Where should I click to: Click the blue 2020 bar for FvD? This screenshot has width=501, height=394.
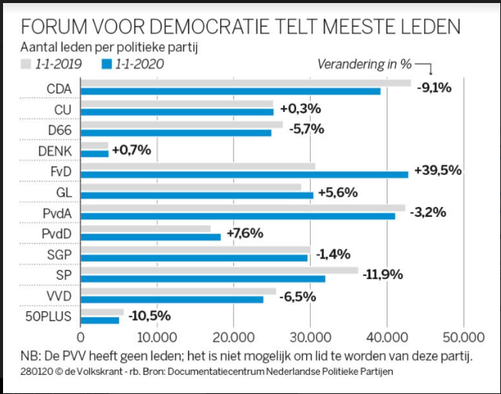[244, 174]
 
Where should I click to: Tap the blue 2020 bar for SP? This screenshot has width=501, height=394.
[203, 278]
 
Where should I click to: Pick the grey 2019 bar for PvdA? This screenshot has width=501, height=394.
[242, 207]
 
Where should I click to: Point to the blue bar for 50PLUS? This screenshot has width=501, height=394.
[100, 319]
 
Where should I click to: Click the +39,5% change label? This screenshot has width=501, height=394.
[437, 170]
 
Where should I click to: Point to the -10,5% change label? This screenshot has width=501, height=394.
[149, 316]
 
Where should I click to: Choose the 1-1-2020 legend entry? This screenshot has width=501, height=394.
[132, 63]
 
